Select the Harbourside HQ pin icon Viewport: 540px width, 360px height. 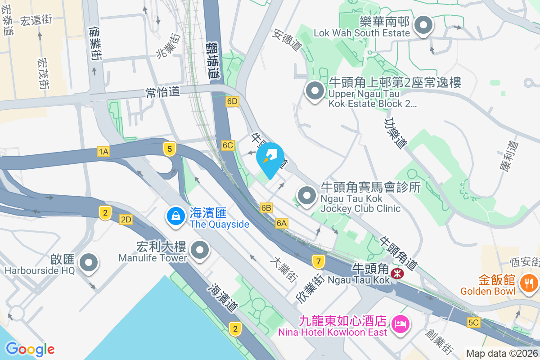pos(88,263)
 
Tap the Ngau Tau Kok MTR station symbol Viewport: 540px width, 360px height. pos(397,273)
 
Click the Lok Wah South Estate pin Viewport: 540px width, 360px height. pos(423,26)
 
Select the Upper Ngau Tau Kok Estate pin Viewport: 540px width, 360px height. pos(315,91)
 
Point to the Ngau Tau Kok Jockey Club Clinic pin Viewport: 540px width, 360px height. pos(307,196)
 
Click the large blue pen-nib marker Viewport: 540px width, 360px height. pos(270,159)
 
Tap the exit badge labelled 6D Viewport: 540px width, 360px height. pos(232,101)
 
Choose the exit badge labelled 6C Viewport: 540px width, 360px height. pos(228,145)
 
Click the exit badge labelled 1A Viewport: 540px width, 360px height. pos(103,152)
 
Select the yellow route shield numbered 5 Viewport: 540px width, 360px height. pos(169,149)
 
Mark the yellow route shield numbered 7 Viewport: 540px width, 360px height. pos(318,261)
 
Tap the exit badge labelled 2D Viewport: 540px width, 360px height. pos(126,220)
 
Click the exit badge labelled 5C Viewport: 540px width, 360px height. pos(473,323)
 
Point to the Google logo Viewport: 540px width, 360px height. pos(30,349)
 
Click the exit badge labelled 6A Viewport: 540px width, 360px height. pos(282,223)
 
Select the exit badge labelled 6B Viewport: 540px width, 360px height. pos(266,207)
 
